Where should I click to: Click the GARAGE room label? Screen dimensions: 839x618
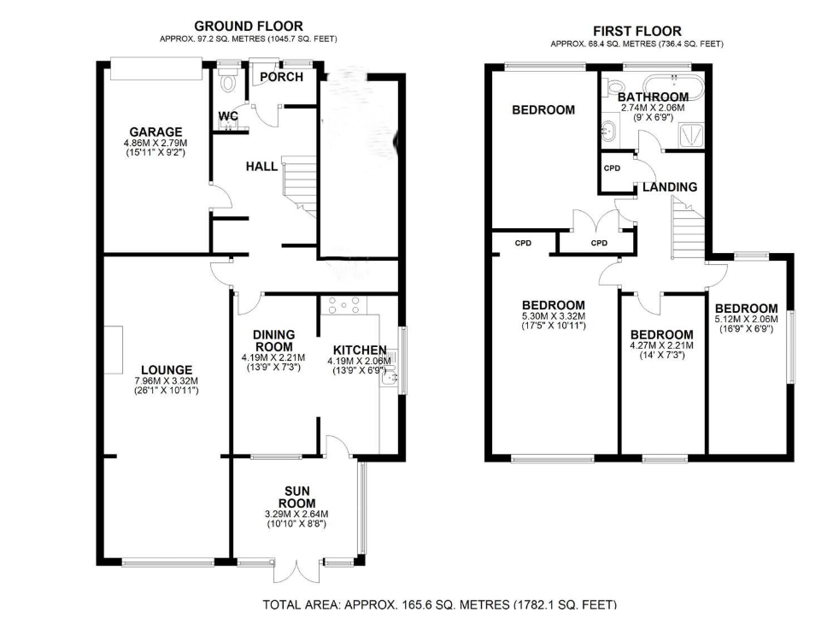(155, 132)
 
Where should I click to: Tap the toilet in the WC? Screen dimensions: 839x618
(228, 79)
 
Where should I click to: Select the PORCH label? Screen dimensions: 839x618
(281, 77)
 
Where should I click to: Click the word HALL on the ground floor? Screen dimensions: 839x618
(261, 167)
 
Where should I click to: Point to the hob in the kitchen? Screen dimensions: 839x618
(344, 305)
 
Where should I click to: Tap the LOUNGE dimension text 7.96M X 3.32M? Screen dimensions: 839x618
(167, 380)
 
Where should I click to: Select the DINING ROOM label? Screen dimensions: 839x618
(274, 340)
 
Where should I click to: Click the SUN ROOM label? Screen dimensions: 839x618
(297, 497)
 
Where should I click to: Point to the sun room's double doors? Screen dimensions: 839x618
(298, 572)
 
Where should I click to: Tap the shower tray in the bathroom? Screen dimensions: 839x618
(691, 134)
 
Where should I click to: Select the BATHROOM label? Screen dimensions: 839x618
(653, 97)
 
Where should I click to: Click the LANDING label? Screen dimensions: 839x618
(670, 187)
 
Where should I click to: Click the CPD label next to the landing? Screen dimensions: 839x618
(612, 168)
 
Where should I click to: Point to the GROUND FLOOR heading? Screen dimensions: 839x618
(249, 26)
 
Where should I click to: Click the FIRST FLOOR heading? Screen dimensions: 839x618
(637, 31)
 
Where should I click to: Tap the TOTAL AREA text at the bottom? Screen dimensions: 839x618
(439, 604)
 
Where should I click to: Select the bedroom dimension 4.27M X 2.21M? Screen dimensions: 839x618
(662, 345)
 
